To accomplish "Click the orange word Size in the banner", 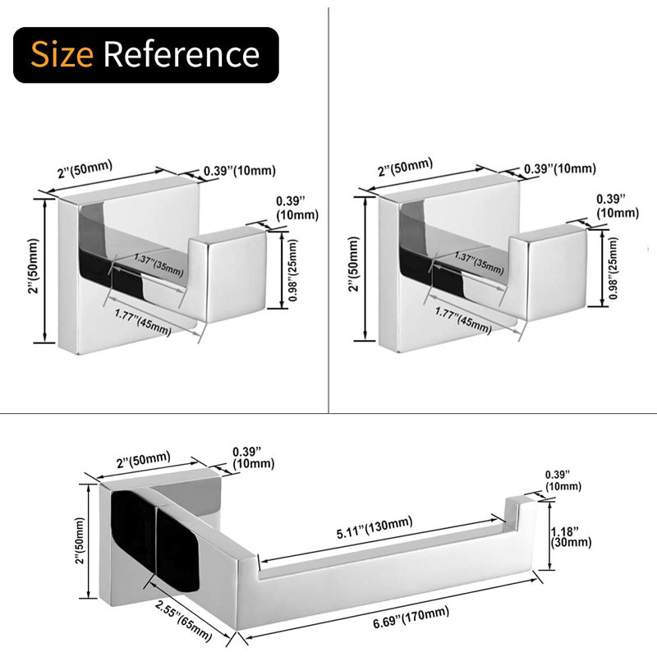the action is click(x=62, y=54).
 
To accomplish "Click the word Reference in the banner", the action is click(x=181, y=54).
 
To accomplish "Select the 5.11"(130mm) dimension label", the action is click(x=374, y=527).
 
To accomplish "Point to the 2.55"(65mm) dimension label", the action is click(x=183, y=620).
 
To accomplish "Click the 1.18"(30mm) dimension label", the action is click(x=571, y=537).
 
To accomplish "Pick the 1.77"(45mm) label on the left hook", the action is click(x=143, y=323).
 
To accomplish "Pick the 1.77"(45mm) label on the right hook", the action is click(x=463, y=320).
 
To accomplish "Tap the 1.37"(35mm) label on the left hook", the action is click(x=159, y=264).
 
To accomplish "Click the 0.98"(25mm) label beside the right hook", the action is click(x=613, y=269).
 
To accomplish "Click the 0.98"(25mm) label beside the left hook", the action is click(x=293, y=270).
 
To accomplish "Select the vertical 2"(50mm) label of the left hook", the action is click(x=34, y=266).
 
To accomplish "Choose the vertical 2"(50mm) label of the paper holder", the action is click(x=80, y=541).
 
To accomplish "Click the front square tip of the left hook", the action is click(x=236, y=274).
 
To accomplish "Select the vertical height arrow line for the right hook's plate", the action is click(x=365, y=269).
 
